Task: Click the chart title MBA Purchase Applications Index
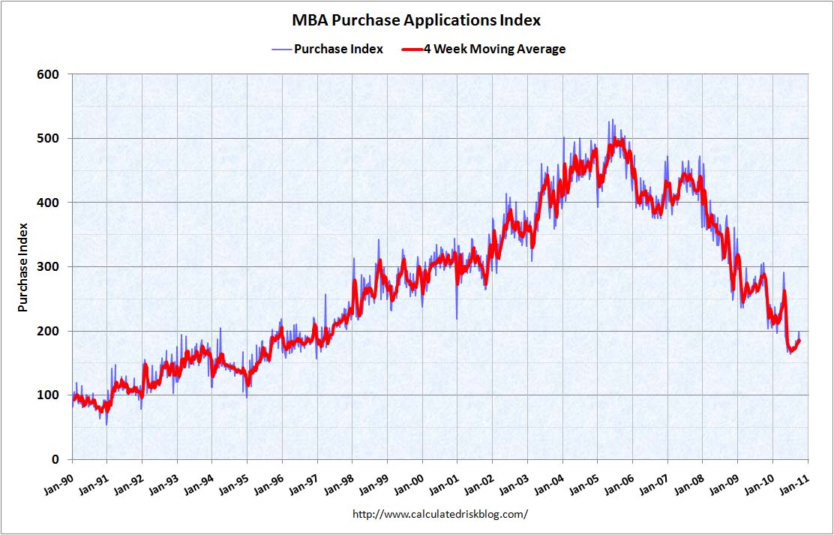(x=416, y=20)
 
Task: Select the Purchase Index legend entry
(x=338, y=49)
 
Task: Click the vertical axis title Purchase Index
(x=23, y=267)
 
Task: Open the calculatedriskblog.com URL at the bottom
(x=440, y=514)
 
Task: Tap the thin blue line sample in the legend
(x=280, y=49)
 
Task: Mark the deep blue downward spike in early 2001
(x=457, y=318)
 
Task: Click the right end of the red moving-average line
(x=799, y=341)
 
